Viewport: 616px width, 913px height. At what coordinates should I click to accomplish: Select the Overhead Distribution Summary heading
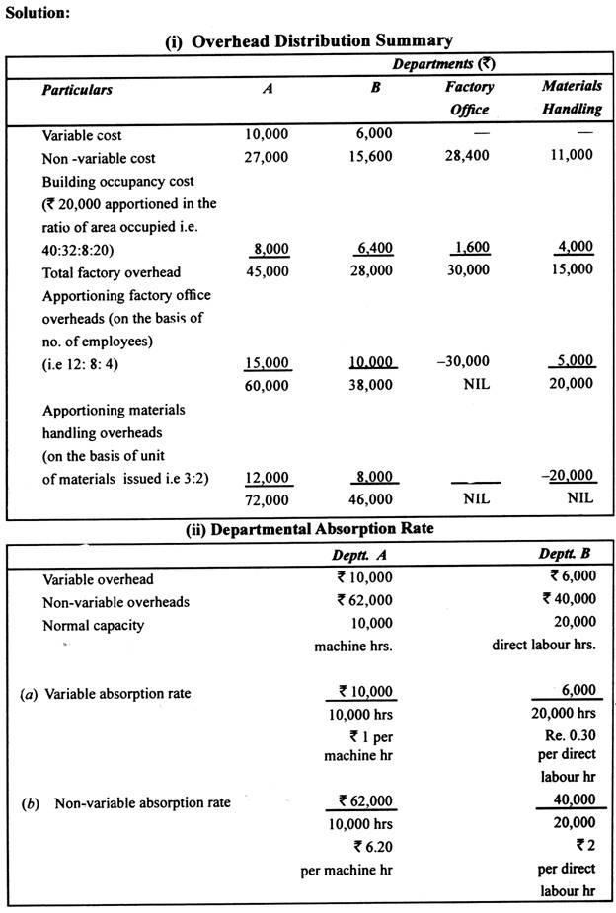click(x=309, y=40)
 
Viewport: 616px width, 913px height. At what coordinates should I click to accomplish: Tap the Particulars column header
click(x=77, y=90)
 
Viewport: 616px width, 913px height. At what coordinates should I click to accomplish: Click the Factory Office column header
click(x=469, y=98)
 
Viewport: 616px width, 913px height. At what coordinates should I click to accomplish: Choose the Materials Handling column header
click(x=572, y=97)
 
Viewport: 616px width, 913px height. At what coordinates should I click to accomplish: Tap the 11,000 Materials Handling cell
click(x=572, y=155)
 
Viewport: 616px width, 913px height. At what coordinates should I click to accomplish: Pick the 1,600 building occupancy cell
click(x=471, y=248)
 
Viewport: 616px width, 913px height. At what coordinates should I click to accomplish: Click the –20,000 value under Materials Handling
click(x=571, y=476)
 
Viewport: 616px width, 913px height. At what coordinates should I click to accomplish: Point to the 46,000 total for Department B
click(x=372, y=500)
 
